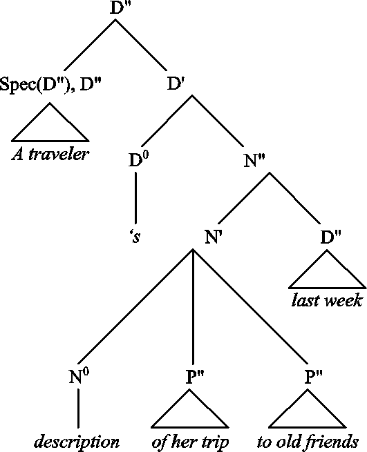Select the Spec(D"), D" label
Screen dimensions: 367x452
50,85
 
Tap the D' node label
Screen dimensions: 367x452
176,84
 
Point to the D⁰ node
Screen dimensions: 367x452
139,160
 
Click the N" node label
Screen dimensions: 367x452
254,161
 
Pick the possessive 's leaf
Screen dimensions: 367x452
135,237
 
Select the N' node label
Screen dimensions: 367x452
214,237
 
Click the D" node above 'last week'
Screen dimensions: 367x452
331,237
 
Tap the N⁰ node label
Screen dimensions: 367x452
79,376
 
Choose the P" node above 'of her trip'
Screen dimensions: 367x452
195,377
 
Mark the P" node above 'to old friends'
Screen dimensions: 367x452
314,377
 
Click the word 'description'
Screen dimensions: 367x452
77,442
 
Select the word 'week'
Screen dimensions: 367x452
344,300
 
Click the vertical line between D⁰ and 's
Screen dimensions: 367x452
135,198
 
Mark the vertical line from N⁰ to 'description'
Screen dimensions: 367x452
78,409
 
